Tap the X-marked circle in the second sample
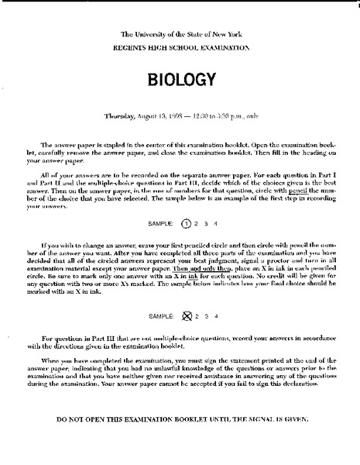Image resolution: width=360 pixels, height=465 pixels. click(x=184, y=315)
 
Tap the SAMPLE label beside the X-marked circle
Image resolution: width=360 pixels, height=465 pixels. click(x=159, y=315)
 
